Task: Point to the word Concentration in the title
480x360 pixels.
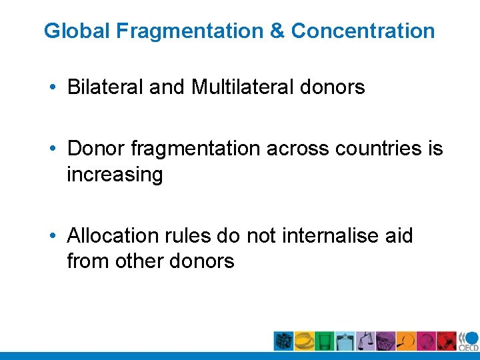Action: click(x=363, y=31)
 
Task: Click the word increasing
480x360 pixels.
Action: click(x=114, y=175)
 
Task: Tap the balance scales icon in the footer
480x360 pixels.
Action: click(x=365, y=341)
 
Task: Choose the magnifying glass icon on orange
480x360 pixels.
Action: click(x=406, y=341)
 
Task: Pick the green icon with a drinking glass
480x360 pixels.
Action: click(x=325, y=341)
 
